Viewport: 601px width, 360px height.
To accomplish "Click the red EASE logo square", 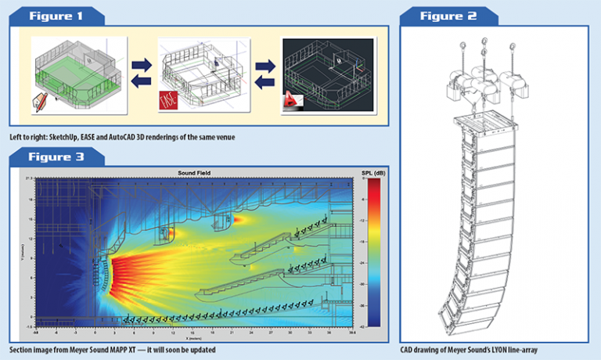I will pos(168,99).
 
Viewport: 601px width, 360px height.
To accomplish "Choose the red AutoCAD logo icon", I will pos(292,100).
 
